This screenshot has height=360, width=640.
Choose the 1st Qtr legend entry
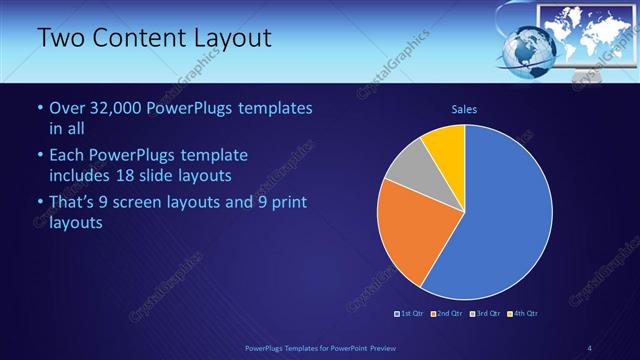tap(412, 313)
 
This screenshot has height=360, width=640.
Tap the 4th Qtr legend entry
tap(522, 313)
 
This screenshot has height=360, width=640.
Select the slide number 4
tap(590, 347)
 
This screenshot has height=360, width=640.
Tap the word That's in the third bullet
tap(72, 203)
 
